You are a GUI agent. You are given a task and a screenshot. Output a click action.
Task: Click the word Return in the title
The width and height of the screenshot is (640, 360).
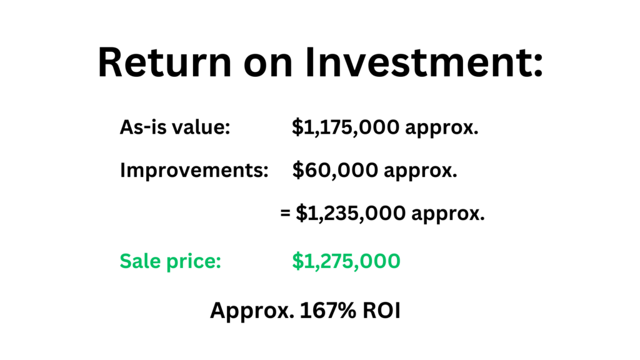(x=165, y=62)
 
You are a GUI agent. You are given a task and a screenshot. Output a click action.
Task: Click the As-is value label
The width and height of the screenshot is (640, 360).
(x=175, y=127)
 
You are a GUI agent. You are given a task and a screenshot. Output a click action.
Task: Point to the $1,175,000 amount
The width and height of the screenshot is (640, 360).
(x=346, y=127)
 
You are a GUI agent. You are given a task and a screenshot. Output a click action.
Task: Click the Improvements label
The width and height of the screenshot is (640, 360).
(x=194, y=170)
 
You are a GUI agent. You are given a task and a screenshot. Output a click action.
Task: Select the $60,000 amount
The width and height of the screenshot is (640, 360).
(x=335, y=170)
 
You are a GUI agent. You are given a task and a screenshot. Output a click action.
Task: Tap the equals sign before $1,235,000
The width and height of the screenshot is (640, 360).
(x=285, y=213)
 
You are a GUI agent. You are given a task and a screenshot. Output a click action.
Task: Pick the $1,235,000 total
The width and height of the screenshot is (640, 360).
(x=351, y=213)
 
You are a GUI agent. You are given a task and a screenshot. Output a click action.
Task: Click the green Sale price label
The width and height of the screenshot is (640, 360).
(x=170, y=261)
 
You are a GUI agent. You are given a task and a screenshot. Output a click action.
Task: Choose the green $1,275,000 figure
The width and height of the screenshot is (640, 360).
(x=346, y=261)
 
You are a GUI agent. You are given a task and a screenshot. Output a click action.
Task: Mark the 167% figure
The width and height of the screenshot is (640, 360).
(x=327, y=310)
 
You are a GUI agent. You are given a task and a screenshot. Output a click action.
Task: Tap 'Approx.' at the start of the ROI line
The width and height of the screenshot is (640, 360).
(x=252, y=311)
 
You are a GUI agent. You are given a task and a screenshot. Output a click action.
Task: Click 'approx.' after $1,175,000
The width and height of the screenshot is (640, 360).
(x=442, y=129)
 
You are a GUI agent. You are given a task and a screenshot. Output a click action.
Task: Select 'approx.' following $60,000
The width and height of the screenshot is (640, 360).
(x=421, y=171)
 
